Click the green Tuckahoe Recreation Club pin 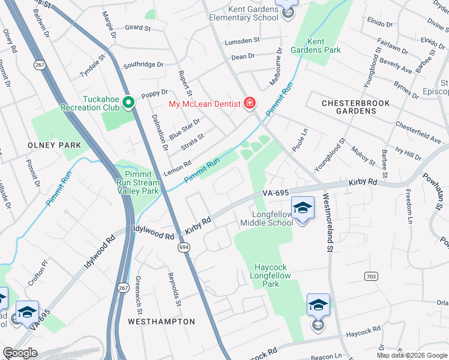(127, 103)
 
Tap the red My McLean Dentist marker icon (249, 104)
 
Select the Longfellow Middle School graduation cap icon (303, 209)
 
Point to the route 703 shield (370, 275)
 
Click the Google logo (20, 353)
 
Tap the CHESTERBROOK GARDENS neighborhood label (355, 107)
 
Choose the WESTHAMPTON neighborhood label (161, 322)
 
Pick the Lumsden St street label (241, 41)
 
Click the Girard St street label (137, 28)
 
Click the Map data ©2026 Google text (412, 355)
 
